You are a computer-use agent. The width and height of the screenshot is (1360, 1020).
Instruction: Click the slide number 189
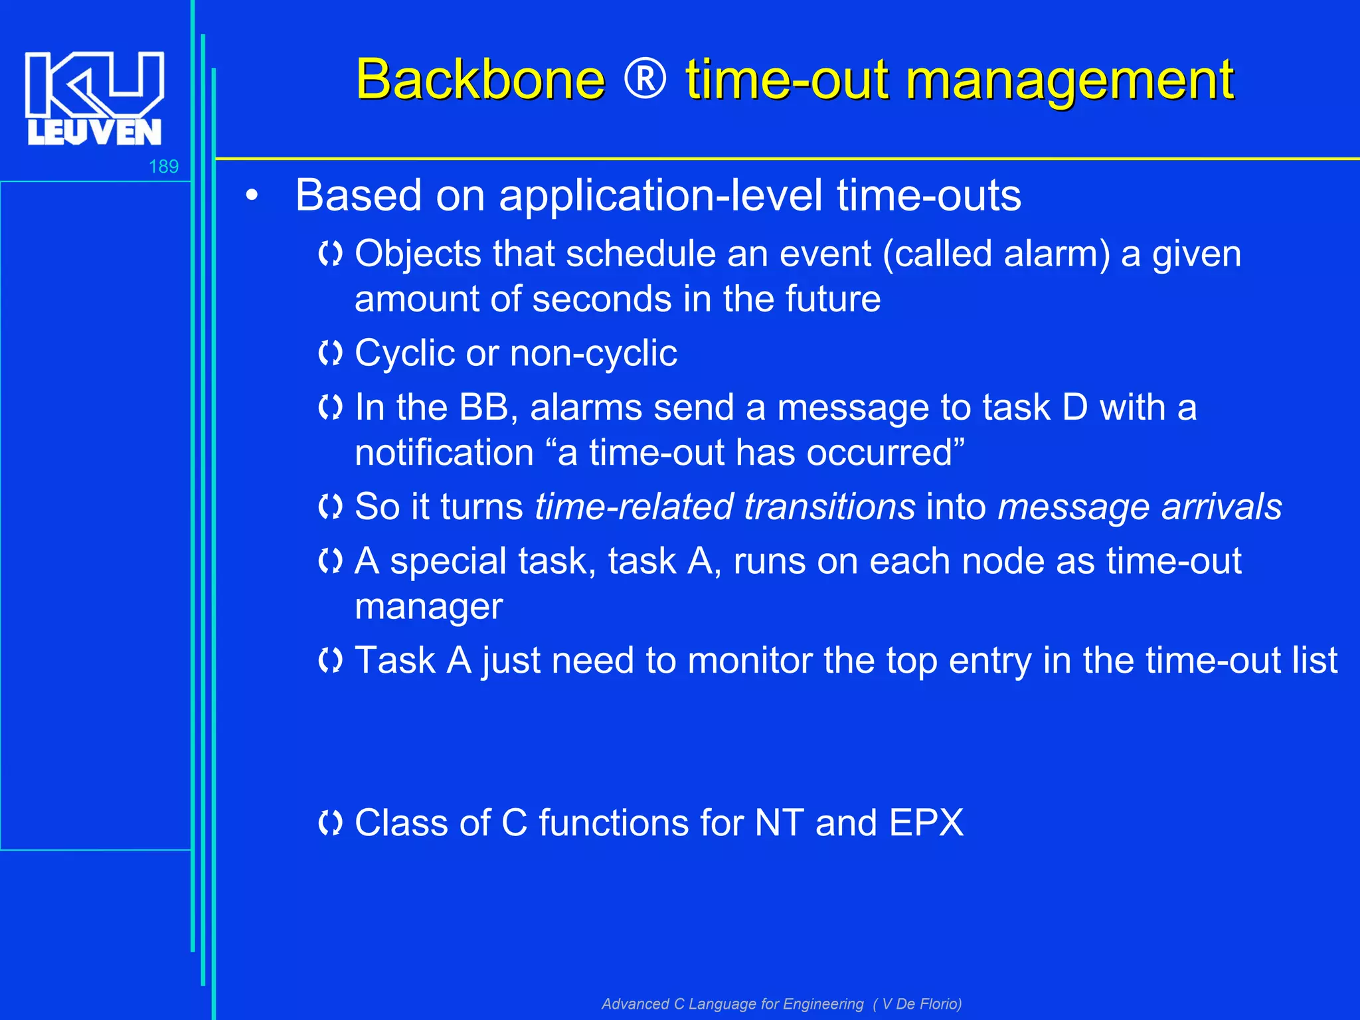(x=163, y=167)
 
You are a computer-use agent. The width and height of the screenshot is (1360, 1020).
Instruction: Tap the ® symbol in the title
(x=645, y=79)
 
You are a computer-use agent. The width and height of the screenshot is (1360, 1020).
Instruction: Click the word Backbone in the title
(x=480, y=79)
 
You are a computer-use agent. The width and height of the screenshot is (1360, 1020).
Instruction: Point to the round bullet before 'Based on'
(x=251, y=196)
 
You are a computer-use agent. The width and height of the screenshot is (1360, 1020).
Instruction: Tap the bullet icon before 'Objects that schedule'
(x=330, y=254)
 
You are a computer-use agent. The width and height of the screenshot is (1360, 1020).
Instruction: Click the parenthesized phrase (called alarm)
(x=996, y=254)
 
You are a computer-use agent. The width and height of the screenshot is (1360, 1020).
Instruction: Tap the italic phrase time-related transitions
(x=725, y=507)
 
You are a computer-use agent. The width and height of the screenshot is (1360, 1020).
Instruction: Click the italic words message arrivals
(x=1140, y=507)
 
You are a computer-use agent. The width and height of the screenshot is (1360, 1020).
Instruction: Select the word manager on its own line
(x=428, y=607)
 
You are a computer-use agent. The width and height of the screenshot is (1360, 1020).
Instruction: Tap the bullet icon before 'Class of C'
(x=330, y=823)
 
